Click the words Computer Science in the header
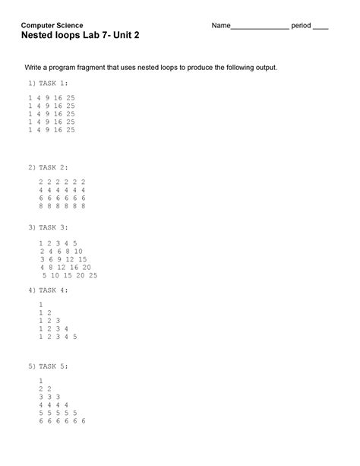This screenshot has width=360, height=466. click(x=52, y=25)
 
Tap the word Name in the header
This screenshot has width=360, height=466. click(x=220, y=25)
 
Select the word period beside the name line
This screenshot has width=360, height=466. click(x=301, y=25)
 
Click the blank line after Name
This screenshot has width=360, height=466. click(x=259, y=27)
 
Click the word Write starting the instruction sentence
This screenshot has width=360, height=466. click(x=37, y=68)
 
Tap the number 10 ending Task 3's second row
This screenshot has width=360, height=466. click(x=78, y=251)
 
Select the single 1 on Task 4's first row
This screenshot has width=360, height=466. click(x=39, y=304)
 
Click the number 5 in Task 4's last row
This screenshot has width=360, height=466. click(x=75, y=336)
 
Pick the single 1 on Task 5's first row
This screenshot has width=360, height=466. click(x=39, y=380)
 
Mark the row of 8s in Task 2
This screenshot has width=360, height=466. click(x=62, y=205)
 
